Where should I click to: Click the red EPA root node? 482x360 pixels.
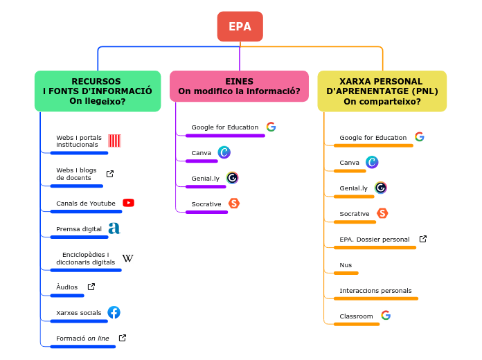[240, 26]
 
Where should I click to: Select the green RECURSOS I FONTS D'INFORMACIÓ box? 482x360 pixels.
[98, 91]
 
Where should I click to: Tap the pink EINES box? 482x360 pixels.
[239, 86]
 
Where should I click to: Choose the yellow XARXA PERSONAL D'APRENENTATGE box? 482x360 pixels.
[382, 91]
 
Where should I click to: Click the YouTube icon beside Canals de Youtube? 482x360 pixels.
[128, 203]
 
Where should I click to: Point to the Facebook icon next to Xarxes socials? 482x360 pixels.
[114, 312]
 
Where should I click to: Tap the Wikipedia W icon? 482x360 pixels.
[127, 258]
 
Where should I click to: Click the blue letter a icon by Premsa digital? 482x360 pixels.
[114, 228]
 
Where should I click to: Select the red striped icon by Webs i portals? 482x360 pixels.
[114, 141]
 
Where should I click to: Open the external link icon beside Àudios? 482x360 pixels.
[91, 287]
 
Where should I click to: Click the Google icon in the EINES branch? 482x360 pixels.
[271, 127]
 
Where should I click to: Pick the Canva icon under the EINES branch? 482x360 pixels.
[224, 152]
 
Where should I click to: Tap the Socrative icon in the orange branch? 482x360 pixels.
[382, 213]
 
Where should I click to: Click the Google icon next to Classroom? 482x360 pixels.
[386, 316]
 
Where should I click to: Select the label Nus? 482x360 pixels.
[346, 265]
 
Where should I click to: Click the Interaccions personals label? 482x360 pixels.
[375, 291]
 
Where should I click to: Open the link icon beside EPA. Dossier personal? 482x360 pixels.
[423, 239]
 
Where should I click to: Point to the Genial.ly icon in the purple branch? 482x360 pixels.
[232, 178]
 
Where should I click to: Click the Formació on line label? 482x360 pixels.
[82, 339]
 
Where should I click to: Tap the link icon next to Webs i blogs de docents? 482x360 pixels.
[109, 174]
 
